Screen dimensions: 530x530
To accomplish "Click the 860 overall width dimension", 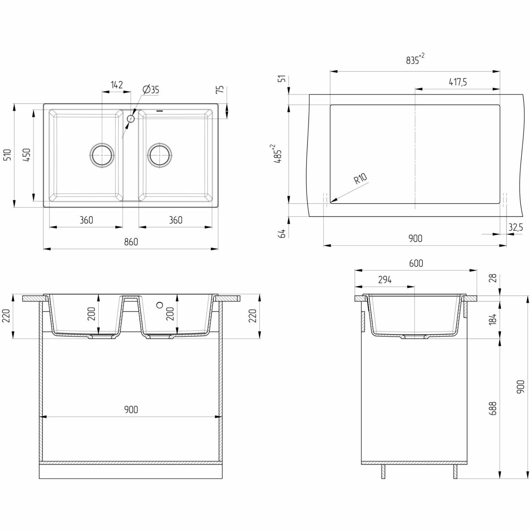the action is pos(131,242).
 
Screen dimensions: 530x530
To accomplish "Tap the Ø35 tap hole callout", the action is pos(151,90).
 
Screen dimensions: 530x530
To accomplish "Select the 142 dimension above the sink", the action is pos(116,85).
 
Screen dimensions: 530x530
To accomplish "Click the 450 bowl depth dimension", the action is pos(27,155).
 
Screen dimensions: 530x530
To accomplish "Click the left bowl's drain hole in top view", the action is pos(102,155).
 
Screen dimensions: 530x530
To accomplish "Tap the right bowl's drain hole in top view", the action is pos(160,155).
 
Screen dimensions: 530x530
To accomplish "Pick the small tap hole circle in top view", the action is pos(131,118).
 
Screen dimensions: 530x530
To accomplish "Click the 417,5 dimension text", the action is pos(458,82).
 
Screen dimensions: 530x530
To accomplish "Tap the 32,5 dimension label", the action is pos(515,228).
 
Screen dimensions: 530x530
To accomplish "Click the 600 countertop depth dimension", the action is pos(416,263).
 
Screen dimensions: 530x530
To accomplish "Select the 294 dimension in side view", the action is pos(385,280).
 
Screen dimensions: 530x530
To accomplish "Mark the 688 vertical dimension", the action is pos(493,409).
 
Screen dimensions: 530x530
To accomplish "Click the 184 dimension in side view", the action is pos(493,317).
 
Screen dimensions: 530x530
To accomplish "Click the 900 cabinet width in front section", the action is pos(131,410).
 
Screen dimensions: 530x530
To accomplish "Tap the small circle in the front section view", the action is pos(160,305).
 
